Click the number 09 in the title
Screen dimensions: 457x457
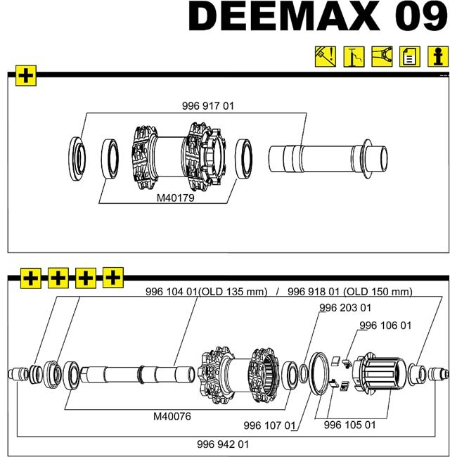[421, 18]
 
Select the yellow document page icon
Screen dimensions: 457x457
[409, 56]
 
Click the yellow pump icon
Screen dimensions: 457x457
[353, 56]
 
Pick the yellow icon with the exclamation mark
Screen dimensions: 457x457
[324, 56]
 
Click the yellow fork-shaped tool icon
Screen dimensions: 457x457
[381, 56]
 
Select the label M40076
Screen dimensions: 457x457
[172, 416]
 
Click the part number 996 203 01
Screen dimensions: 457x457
[345, 308]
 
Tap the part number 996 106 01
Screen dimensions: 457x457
[385, 326]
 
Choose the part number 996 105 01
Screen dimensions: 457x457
[349, 425]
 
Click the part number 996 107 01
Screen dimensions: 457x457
[270, 425]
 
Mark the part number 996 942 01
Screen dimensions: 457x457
[223, 444]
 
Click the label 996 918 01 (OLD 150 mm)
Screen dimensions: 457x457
[349, 292]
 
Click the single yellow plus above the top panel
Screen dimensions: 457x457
[26, 76]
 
